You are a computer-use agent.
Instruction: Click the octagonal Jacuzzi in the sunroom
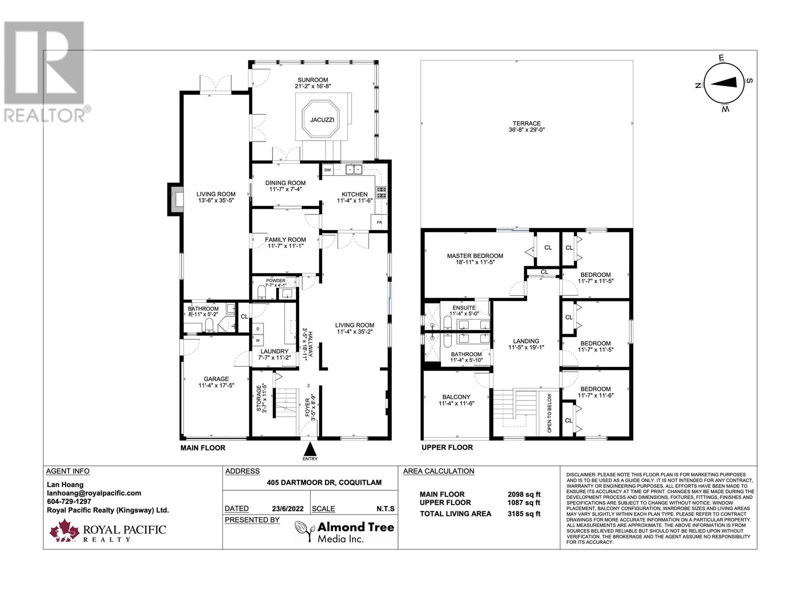point(321,119)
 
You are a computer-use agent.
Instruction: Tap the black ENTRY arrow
point(310,447)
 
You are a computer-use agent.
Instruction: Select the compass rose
point(723,83)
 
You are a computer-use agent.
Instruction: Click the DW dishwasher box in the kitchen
point(327,170)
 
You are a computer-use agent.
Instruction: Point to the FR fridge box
point(379,222)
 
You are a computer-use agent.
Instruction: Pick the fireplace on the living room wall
point(175,199)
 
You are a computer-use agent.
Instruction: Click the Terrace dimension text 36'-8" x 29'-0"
point(526,129)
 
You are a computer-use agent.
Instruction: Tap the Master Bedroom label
point(475,256)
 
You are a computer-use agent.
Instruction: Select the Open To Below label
point(549,413)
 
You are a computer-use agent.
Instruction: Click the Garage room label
point(216,379)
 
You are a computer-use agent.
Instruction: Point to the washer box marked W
point(257,340)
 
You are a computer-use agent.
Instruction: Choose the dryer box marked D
point(257,328)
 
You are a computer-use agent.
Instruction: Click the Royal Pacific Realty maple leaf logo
point(64,530)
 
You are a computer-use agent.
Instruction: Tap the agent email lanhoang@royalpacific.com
point(94,493)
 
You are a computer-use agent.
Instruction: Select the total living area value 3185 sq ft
point(524,514)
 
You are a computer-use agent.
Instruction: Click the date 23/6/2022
point(287,509)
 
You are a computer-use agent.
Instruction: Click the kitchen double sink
point(354,170)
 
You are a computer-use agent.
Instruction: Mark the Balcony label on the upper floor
point(456,397)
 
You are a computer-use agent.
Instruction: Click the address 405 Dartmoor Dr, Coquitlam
point(324,482)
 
